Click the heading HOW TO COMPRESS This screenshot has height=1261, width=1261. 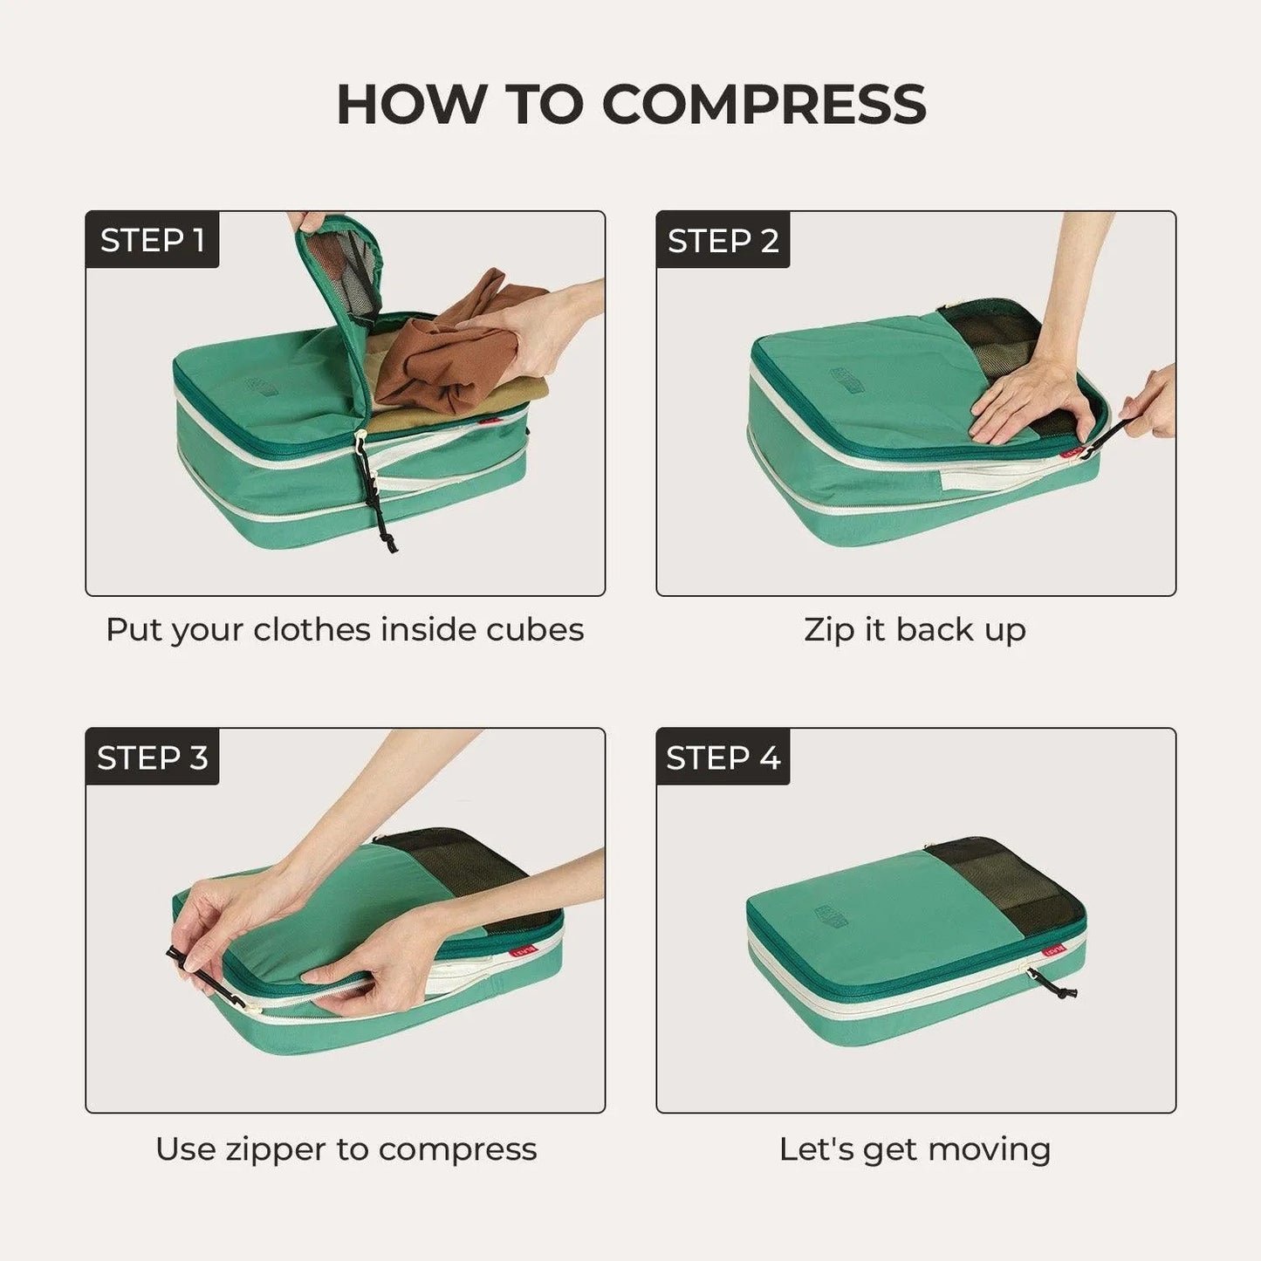point(630,105)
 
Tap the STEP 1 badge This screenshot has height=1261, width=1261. point(152,240)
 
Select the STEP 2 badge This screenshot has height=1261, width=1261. point(723,240)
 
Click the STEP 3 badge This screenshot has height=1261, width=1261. point(152,757)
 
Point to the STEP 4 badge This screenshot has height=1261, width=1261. point(723,757)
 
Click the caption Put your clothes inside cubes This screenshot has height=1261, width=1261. point(345,629)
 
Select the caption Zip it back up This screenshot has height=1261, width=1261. point(915,629)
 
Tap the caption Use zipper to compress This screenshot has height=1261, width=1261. point(346,1148)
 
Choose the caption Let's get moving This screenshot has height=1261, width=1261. point(915,1148)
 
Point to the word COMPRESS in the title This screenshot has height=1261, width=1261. point(764,105)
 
